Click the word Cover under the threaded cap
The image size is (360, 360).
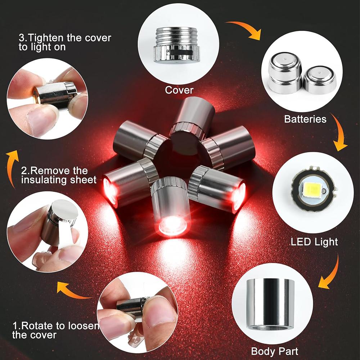point(179,90)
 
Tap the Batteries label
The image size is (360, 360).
point(305,119)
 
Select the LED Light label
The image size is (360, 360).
point(314,242)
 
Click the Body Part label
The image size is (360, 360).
point(274,351)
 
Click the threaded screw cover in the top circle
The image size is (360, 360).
point(176,45)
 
